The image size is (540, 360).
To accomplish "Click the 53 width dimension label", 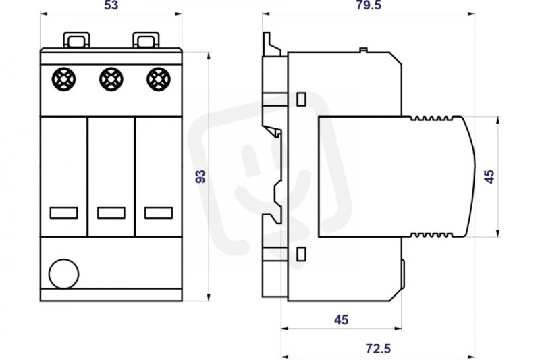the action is (x=111, y=5).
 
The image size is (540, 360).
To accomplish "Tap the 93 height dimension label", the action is (x=200, y=176).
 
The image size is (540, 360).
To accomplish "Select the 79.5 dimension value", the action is (x=369, y=5).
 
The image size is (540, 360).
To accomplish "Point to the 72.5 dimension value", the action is (x=378, y=349).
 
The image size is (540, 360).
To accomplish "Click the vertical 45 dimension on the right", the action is (x=489, y=176).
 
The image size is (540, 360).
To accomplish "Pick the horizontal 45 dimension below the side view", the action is (x=342, y=320).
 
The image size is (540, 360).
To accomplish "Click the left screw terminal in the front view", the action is (x=64, y=79).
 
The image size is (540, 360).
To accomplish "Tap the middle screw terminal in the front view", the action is (x=111, y=79).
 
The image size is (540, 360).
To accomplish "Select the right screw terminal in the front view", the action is (x=159, y=79).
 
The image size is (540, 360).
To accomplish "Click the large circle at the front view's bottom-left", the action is (x=64, y=274).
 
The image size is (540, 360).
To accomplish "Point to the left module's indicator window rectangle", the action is (x=63, y=213).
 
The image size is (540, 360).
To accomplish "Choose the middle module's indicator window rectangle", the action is (x=111, y=213).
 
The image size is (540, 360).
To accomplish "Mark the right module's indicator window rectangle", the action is (x=159, y=213).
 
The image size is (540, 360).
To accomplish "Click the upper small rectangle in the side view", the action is (x=301, y=99).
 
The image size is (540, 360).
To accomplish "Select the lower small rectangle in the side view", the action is (x=301, y=254).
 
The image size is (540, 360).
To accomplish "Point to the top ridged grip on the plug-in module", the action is (x=431, y=118).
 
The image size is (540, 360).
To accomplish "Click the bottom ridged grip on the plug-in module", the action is (x=431, y=235).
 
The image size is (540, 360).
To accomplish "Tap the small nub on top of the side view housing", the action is (x=363, y=50).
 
